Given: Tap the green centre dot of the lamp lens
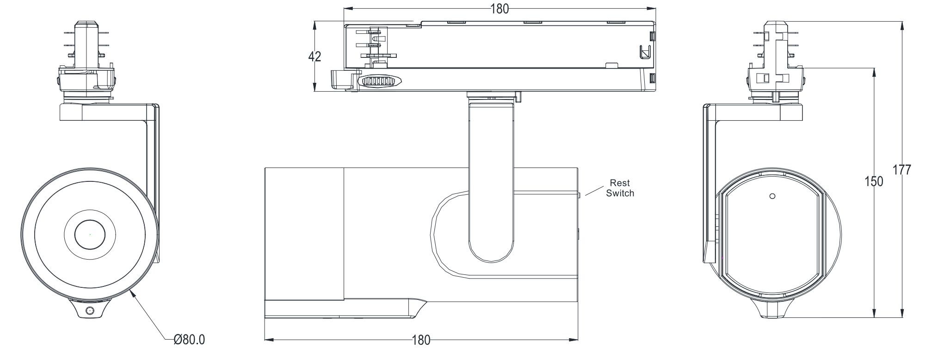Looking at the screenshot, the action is pos(90,234).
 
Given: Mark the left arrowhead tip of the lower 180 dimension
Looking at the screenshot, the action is pos(265,340).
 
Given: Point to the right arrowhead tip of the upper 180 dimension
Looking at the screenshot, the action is pos(655,9).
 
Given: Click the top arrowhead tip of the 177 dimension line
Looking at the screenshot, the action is pos(902,22).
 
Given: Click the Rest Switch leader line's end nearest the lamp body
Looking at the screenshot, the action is pos(586,196).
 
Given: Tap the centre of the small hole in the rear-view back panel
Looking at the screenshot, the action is pos(772,196).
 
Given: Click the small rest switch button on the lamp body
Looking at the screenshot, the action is pos(579,195).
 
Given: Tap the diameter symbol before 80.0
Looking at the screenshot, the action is pos(178,340).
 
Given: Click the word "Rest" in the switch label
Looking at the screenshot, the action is pos(620,183).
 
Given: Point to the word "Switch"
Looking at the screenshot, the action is pos(620,193).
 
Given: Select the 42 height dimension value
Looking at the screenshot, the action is pos(315,56).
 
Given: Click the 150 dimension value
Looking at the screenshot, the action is pos(874,181).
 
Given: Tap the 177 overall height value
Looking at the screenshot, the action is pos(902,170).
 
